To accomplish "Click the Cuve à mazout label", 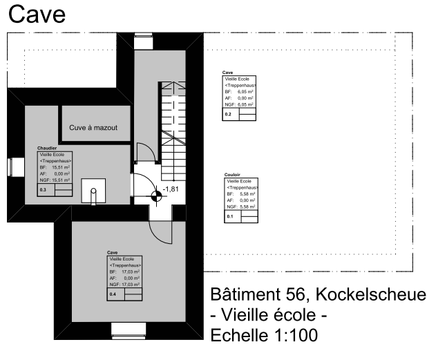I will [x=93, y=128].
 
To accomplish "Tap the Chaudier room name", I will [x=47, y=148].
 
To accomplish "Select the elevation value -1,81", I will [x=171, y=189].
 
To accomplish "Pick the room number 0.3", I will [x=43, y=189].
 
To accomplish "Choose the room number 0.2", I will [x=228, y=113].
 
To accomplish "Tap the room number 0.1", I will [x=231, y=216].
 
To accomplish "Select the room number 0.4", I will [x=113, y=294].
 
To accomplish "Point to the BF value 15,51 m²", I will [x=61, y=167].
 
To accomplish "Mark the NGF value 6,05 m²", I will [x=245, y=104].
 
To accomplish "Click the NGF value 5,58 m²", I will [x=248, y=207].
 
